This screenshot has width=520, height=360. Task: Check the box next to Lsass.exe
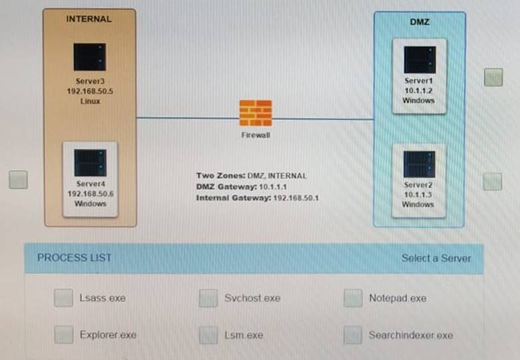63,298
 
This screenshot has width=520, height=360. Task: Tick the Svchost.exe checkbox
208,298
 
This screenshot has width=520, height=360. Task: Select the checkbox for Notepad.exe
353,298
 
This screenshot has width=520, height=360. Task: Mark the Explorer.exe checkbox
63,335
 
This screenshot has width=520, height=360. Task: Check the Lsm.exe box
208,335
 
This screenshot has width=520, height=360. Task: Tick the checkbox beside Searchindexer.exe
353,335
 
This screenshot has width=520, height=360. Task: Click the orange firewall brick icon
256,113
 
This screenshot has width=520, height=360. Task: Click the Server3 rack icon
90,57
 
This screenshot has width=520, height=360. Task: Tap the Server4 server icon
90,162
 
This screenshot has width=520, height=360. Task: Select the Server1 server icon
419,60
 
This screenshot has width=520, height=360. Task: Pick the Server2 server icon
419,164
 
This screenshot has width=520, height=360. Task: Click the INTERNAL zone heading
89,19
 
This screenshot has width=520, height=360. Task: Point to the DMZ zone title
419,22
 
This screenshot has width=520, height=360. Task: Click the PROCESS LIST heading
75,258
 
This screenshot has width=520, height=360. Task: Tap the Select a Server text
435,258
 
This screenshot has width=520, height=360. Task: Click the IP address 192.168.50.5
90,92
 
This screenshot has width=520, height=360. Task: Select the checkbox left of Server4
18,180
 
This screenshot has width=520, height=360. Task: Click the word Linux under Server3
90,101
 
